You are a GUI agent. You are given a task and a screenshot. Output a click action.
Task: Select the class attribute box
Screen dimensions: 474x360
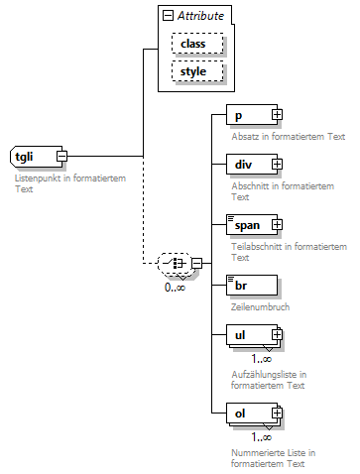pos(196,44)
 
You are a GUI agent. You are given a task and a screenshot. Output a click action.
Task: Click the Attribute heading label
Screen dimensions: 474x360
pos(201,16)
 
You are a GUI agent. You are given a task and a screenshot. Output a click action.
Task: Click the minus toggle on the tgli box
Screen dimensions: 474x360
pos(61,157)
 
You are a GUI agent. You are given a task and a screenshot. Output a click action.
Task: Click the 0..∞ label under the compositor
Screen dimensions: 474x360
pos(175,288)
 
